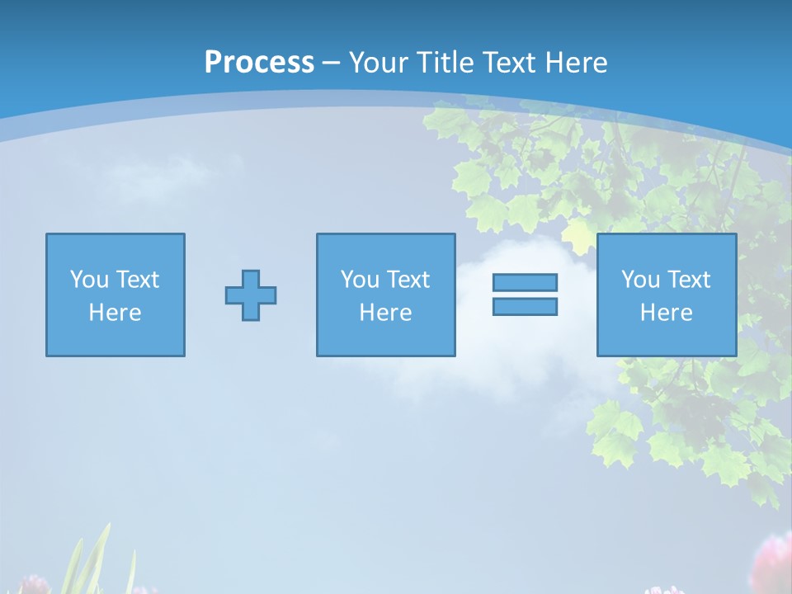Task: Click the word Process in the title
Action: (259, 63)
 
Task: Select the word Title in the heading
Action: (446, 63)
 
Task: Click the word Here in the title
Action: (576, 63)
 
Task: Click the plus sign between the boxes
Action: (251, 295)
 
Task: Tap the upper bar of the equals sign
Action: (525, 282)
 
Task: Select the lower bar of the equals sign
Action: (525, 306)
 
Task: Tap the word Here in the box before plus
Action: (115, 313)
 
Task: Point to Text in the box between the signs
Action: (408, 280)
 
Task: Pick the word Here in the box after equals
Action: (667, 313)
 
